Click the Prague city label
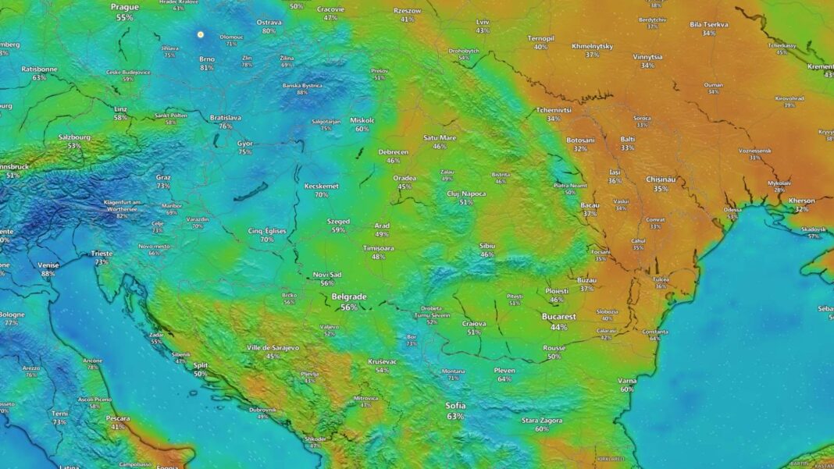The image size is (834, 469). tap(124, 7)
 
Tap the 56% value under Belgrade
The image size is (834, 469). tap(349, 307)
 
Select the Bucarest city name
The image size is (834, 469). tap(559, 317)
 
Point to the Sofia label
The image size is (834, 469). tap(455, 406)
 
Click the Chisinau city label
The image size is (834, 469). tap(661, 179)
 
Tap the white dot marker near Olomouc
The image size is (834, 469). tap(201, 34)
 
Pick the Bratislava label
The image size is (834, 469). tap(226, 118)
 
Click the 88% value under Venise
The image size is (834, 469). tap(48, 274)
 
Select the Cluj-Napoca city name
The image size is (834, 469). tap(466, 194)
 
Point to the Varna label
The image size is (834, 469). tap(627, 380)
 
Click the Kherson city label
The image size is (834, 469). tap(802, 201)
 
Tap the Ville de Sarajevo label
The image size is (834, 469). tap(273, 347)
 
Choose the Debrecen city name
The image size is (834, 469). tap(394, 151)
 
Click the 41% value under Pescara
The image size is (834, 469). tap(118, 427)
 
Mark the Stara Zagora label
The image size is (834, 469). tap(542, 421)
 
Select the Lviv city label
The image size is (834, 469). tap(483, 22)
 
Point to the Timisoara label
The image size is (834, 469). tap(379, 247)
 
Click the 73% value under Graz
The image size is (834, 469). tap(163, 186)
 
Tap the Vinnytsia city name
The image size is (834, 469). tap(647, 57)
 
